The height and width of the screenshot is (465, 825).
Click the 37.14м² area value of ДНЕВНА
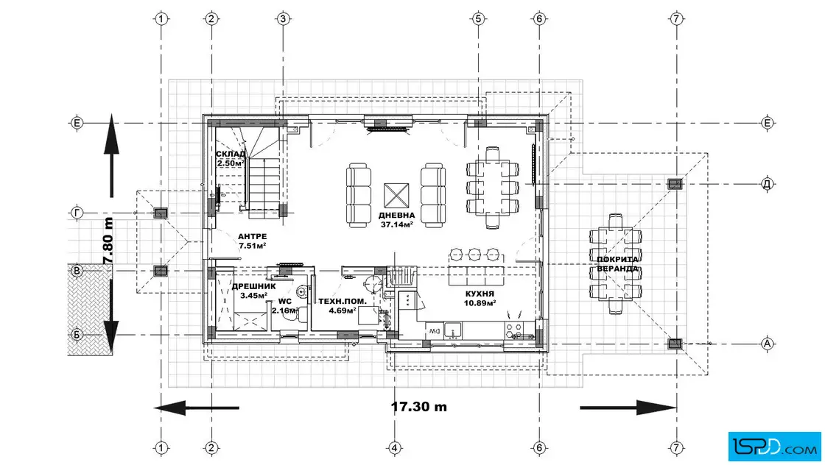396,224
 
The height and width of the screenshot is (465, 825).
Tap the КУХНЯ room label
480,294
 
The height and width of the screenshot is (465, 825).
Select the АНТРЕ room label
252,236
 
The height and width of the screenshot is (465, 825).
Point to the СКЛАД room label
231,154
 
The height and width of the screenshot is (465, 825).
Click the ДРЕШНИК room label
253,286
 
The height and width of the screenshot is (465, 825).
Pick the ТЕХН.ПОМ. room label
343,302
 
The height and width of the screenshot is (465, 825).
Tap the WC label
284,302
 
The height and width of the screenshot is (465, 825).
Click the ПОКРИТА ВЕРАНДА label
617,263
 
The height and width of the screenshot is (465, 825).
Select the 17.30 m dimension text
419,407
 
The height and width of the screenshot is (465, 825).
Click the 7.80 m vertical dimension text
108,241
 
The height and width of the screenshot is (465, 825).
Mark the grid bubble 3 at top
283,19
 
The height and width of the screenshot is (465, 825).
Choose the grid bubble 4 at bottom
395,447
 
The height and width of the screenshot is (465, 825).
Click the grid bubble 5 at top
478,19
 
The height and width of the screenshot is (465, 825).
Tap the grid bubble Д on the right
767,184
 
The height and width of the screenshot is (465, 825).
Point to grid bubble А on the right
767,344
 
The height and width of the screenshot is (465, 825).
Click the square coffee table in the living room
396,196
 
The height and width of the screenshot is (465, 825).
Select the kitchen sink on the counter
452,330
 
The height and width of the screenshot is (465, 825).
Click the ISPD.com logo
774,447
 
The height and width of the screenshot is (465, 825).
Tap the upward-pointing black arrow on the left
111,155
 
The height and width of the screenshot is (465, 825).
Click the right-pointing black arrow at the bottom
628,407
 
